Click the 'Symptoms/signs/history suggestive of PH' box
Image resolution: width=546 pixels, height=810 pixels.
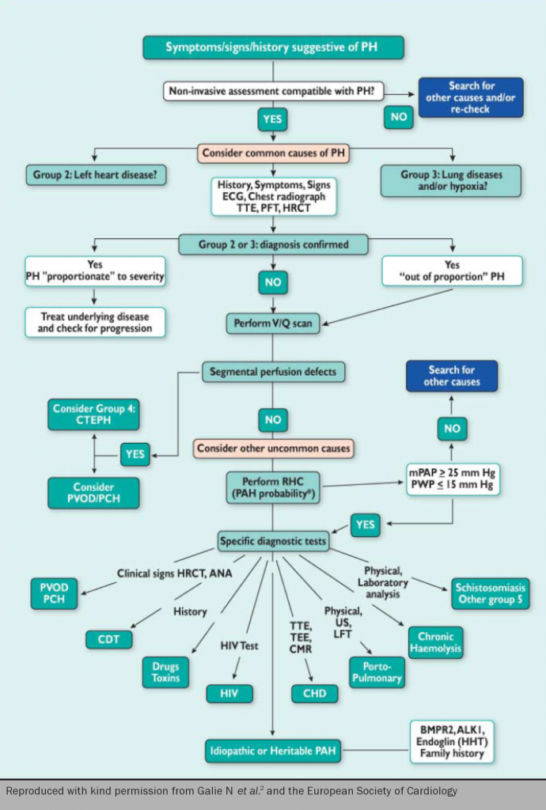tap(273, 47)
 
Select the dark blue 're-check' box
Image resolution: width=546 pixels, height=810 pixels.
tap(470, 98)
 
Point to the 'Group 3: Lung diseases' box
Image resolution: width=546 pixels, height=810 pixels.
tap(450, 180)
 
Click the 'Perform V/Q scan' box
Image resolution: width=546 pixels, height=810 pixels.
tap(273, 324)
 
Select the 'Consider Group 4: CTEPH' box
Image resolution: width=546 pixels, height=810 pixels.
tap(94, 414)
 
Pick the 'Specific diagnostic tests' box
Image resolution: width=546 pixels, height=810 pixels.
tap(273, 542)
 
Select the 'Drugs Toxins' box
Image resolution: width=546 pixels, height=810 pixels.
tap(165, 672)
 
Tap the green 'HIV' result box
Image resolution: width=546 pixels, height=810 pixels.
tap(229, 694)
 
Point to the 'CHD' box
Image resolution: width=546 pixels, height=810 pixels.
tap(314, 694)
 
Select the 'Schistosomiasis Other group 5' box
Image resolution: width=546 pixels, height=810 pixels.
tap(491, 594)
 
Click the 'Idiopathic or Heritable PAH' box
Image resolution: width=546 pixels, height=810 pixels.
tap(273, 749)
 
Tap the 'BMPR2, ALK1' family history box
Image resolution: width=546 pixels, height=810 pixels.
tap(451, 741)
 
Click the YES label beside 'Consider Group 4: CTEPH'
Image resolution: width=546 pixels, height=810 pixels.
tap(135, 454)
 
